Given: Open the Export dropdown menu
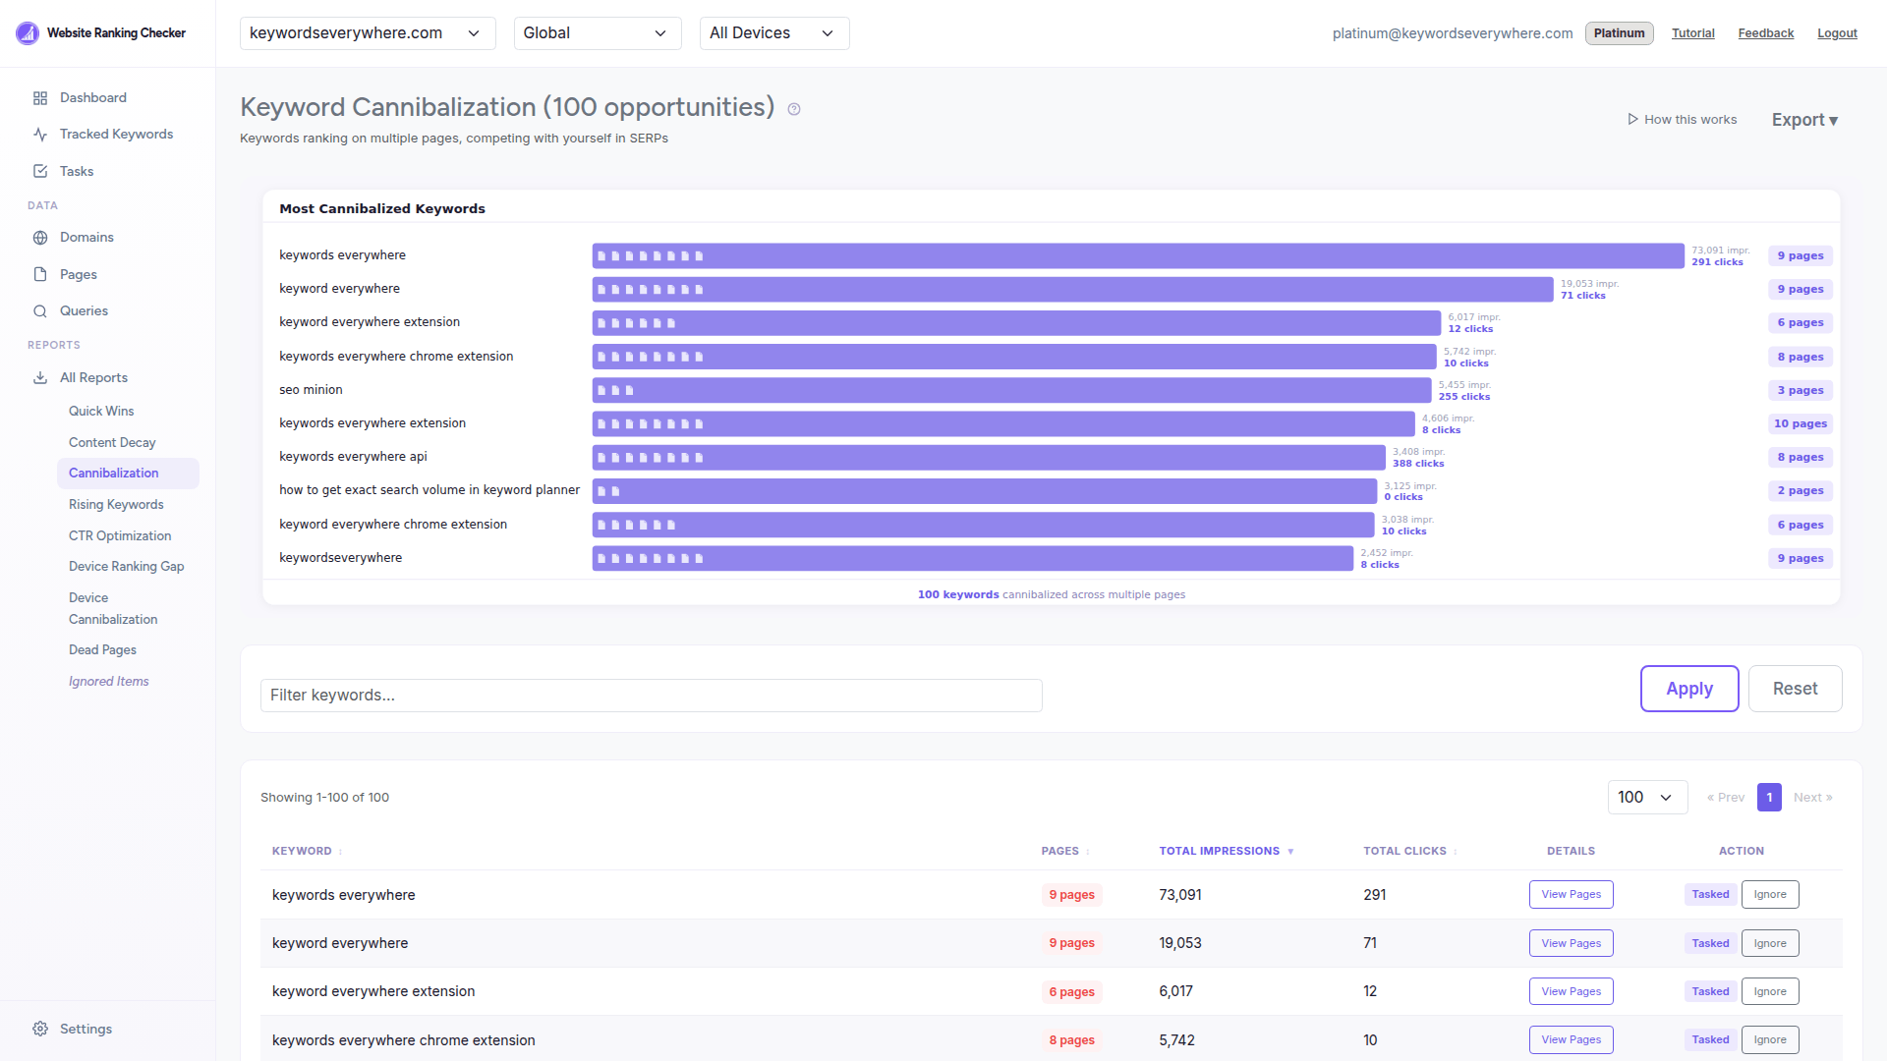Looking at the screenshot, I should (x=1803, y=120).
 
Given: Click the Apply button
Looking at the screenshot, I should (x=1688, y=689).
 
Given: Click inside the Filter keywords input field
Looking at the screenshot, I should (x=651, y=696).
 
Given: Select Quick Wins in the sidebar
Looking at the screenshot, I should (x=101, y=411).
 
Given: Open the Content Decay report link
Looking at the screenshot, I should (x=112, y=442).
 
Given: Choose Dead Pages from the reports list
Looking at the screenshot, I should (x=102, y=649).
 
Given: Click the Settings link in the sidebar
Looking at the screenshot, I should (x=86, y=1029).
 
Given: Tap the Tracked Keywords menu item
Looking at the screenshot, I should (x=116, y=134).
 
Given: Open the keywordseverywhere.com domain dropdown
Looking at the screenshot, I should (x=366, y=33).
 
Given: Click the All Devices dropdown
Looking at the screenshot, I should (x=773, y=33).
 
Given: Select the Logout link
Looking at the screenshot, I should (x=1837, y=33).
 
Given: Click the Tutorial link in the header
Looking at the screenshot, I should (x=1692, y=33).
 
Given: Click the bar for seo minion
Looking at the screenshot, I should (x=1011, y=390).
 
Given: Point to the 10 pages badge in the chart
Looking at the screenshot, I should (x=1800, y=423).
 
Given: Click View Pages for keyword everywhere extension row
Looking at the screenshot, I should (x=1571, y=991).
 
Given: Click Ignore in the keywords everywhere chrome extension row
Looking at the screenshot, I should (x=1769, y=1039).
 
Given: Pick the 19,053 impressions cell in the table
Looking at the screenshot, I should (x=1179, y=943).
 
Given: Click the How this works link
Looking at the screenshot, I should (x=1683, y=120).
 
